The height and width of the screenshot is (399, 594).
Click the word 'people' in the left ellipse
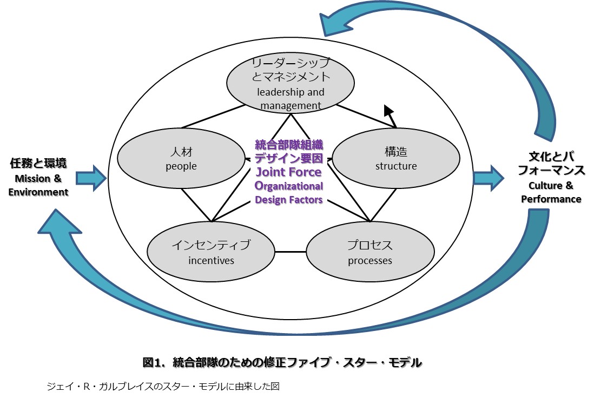pyautogui.click(x=181, y=166)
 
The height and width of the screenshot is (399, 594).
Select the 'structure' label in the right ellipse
pyautogui.click(x=396, y=166)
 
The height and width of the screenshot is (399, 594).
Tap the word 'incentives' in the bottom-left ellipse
pyautogui.click(x=211, y=261)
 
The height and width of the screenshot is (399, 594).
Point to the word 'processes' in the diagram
pyautogui.click(x=370, y=261)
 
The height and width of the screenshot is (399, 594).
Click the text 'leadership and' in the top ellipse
pyautogui.click(x=291, y=92)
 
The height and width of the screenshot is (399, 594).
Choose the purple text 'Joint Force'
pyautogui.click(x=288, y=172)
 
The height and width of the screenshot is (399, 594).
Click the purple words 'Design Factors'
pyautogui.click(x=288, y=200)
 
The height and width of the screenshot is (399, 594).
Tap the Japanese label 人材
pyautogui.click(x=181, y=152)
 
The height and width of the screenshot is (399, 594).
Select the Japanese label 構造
pyautogui.click(x=396, y=152)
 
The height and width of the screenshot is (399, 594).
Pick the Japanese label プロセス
pyautogui.click(x=370, y=246)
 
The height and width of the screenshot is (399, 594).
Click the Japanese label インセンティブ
pyautogui.click(x=211, y=246)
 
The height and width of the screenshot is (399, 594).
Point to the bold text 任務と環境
pyautogui.click(x=38, y=163)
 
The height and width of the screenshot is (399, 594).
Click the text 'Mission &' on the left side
pyautogui.click(x=38, y=179)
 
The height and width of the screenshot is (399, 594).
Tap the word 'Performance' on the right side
pyautogui.click(x=551, y=199)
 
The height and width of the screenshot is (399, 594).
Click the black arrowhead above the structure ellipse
pyautogui.click(x=388, y=111)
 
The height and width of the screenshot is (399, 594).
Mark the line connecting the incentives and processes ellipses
pyautogui.click(x=291, y=252)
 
